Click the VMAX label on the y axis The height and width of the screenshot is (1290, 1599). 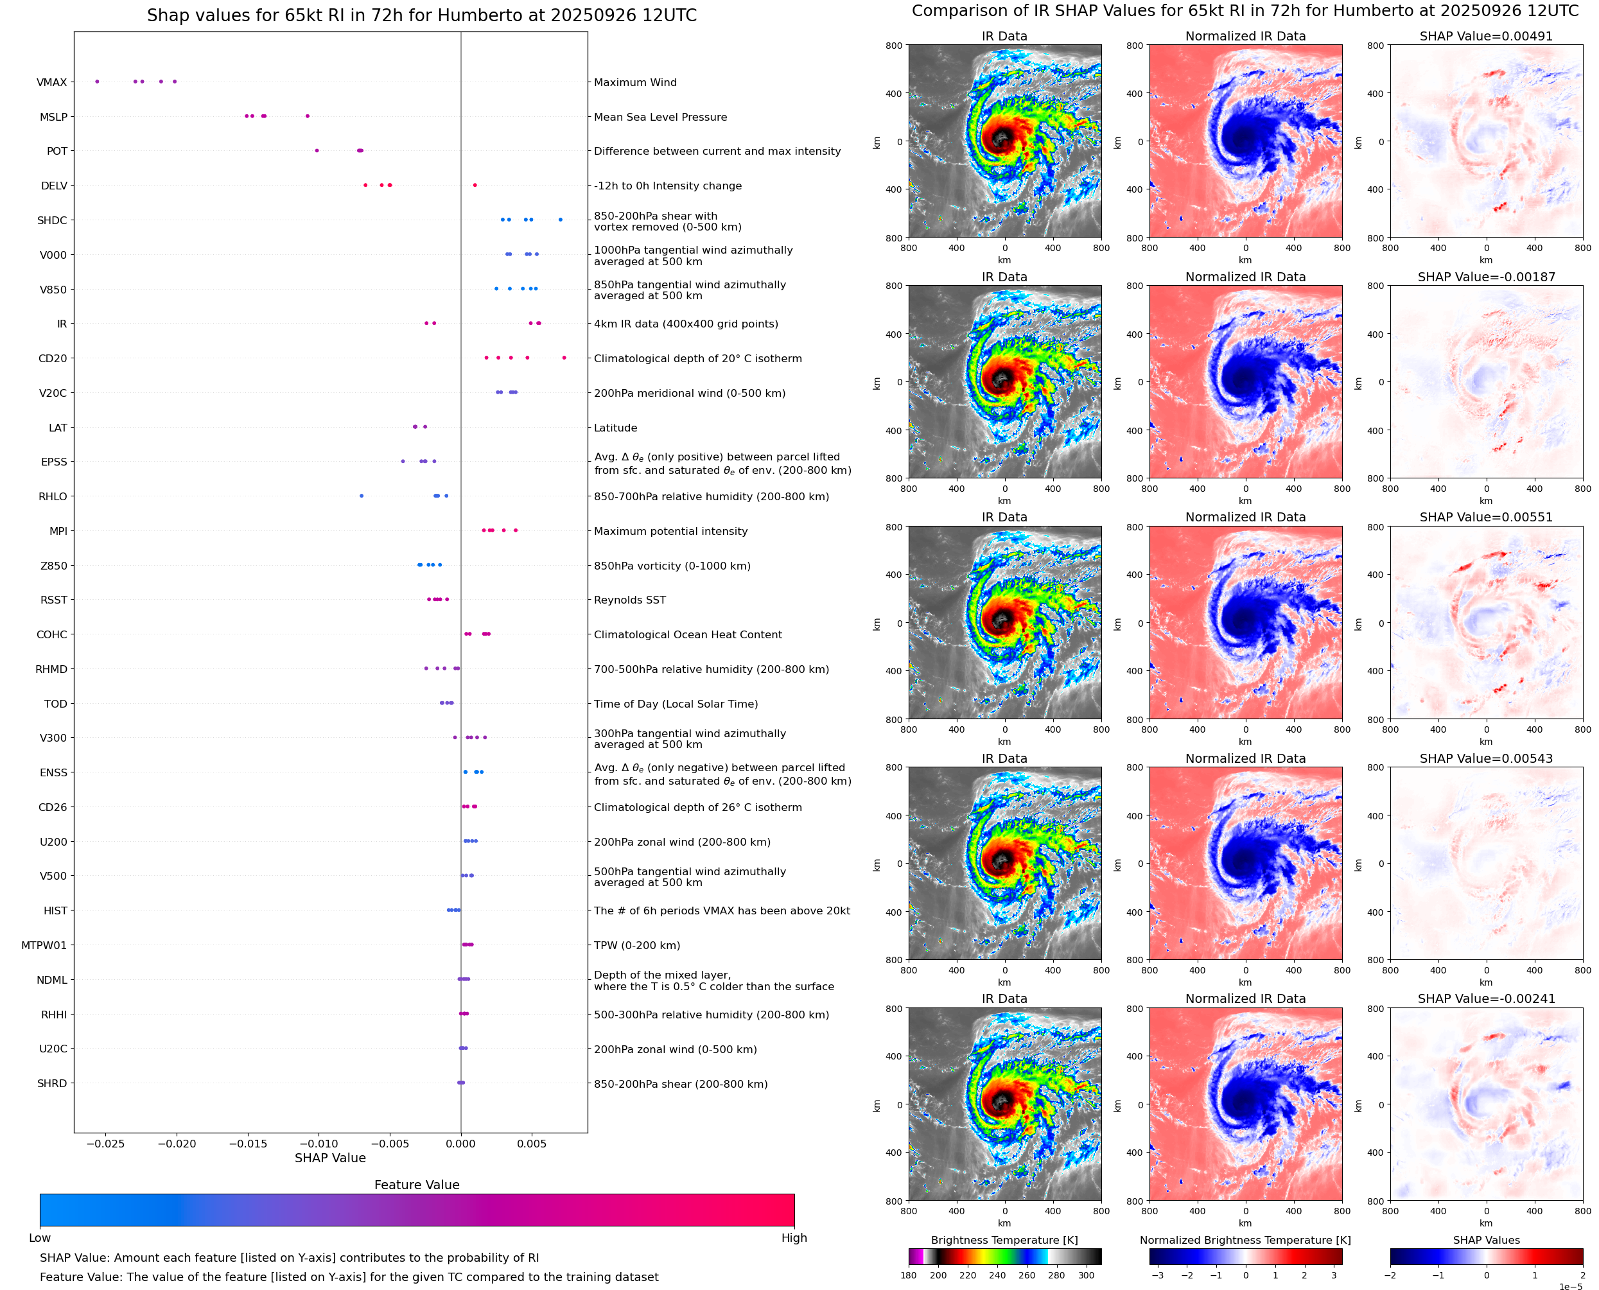(x=51, y=82)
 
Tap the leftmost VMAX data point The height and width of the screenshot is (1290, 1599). (x=98, y=82)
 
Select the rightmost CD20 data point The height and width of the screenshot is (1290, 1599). (x=564, y=358)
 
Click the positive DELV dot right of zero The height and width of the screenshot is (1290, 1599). (x=475, y=185)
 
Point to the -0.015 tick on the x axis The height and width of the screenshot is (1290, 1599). (x=247, y=1144)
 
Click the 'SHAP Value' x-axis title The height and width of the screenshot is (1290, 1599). (x=330, y=1158)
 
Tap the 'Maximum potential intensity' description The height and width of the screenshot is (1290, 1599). (x=670, y=531)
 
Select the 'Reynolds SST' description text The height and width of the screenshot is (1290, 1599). (x=629, y=600)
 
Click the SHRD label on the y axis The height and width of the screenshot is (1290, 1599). (x=52, y=1083)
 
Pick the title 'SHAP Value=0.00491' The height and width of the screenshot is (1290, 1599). (x=1485, y=36)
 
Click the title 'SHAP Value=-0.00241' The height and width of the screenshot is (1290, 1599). (x=1485, y=998)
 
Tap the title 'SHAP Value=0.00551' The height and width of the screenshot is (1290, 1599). (x=1485, y=517)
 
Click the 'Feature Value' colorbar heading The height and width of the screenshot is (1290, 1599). (x=417, y=1185)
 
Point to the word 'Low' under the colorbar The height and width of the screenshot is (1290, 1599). (x=39, y=1237)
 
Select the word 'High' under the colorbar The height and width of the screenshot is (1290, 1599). (x=794, y=1237)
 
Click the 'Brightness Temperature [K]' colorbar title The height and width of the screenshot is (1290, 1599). (x=1004, y=1240)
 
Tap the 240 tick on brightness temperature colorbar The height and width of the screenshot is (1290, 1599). (x=997, y=1275)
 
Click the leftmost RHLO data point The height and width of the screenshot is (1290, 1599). (x=362, y=496)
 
